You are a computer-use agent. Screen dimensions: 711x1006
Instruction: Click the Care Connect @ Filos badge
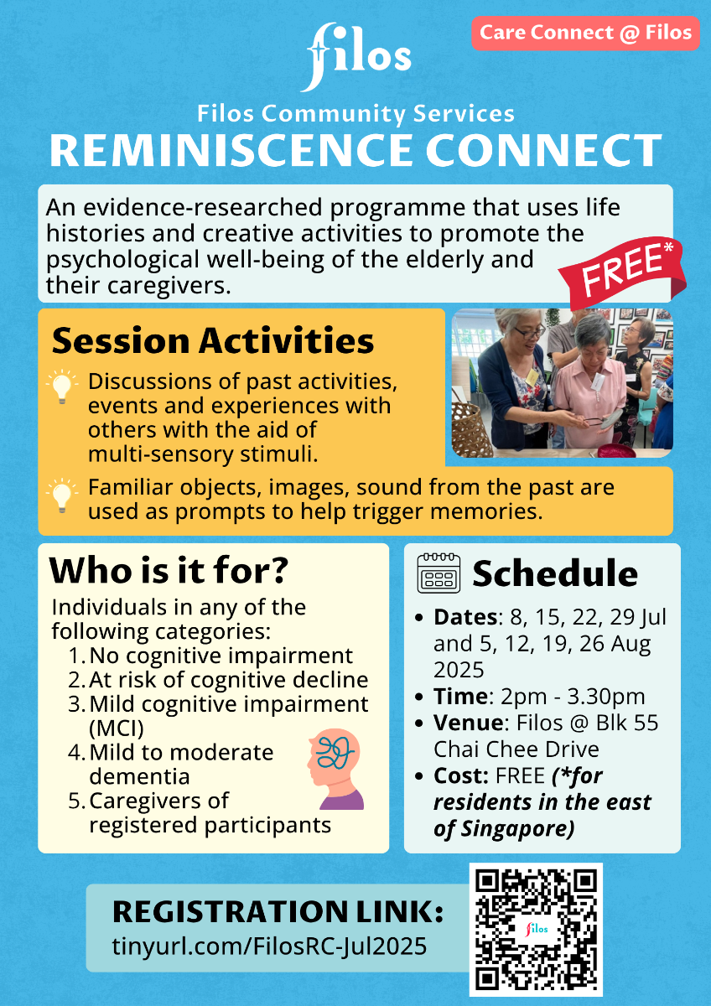(x=585, y=33)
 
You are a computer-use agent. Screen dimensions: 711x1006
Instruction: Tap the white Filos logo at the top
(x=358, y=57)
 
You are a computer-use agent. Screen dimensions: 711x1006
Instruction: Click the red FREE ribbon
(x=622, y=272)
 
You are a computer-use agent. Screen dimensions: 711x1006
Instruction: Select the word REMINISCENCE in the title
(x=231, y=150)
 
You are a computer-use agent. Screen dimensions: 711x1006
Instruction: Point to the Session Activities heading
(x=213, y=340)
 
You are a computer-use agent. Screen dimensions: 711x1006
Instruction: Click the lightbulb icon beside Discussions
(x=62, y=386)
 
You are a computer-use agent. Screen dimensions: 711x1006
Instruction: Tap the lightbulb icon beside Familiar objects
(x=62, y=495)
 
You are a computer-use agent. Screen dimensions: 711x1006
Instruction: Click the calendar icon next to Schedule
(x=439, y=573)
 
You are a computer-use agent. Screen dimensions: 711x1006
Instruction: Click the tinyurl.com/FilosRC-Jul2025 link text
(x=269, y=946)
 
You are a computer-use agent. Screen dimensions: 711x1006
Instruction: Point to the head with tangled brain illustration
(x=335, y=770)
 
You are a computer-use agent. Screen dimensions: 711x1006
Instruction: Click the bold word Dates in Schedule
(x=465, y=617)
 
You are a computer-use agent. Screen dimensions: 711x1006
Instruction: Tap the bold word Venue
(x=469, y=723)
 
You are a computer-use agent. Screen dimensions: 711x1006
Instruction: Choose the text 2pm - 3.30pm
(x=573, y=697)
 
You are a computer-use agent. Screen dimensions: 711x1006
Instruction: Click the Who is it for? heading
(x=169, y=570)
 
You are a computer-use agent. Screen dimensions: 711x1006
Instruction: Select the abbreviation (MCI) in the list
(x=117, y=729)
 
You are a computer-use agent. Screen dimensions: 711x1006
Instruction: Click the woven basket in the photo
(x=471, y=430)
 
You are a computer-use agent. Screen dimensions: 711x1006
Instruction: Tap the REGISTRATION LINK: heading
(x=278, y=911)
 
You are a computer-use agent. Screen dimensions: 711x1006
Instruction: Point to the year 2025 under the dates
(x=459, y=670)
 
